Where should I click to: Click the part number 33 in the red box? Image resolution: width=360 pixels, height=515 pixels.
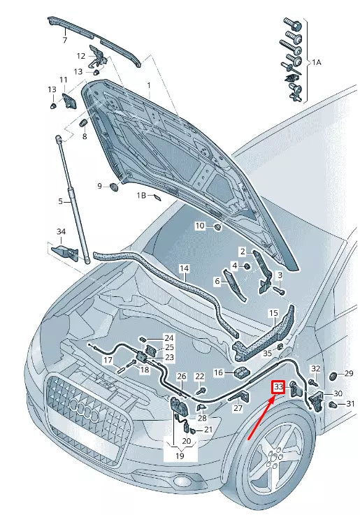278,386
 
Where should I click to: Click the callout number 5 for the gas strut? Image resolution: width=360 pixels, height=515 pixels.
61,202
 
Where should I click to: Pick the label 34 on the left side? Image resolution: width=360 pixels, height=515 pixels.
61,231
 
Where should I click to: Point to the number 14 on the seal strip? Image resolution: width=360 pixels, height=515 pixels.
184,268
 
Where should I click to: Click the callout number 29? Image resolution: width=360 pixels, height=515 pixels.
349,374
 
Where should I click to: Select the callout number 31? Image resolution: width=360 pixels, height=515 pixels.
350,404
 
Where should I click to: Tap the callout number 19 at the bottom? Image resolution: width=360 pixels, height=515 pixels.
180,456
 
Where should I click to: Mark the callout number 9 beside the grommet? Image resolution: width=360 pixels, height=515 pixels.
99,185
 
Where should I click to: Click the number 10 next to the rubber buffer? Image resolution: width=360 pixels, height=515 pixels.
199,226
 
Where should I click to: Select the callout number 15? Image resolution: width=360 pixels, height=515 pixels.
273,314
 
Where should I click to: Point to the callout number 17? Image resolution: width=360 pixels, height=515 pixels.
108,361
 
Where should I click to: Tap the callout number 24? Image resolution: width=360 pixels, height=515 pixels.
168,338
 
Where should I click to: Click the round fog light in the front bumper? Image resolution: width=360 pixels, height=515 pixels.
181,482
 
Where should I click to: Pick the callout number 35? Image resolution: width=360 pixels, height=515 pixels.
266,354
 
